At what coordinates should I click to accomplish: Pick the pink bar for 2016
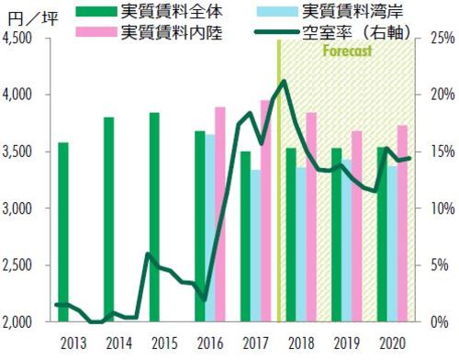[220, 215]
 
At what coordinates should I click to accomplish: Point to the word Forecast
[347, 51]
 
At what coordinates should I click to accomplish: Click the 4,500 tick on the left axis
[18, 39]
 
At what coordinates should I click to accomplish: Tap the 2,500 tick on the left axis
[18, 265]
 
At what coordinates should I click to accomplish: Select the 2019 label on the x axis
[346, 343]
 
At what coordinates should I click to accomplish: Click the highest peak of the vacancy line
[285, 81]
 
